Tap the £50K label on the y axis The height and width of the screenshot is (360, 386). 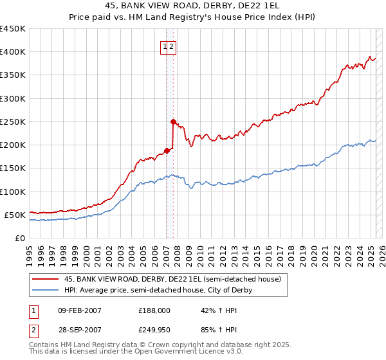click(x=15, y=215)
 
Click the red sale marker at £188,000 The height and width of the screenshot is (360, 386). click(x=167, y=150)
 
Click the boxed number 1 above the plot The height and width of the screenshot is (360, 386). click(x=165, y=46)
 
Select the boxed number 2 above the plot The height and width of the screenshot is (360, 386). click(x=172, y=46)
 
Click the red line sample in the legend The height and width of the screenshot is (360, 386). click(x=45, y=280)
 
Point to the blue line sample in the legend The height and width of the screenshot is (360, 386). click(x=45, y=290)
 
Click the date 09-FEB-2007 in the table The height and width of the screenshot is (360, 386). click(x=80, y=310)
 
